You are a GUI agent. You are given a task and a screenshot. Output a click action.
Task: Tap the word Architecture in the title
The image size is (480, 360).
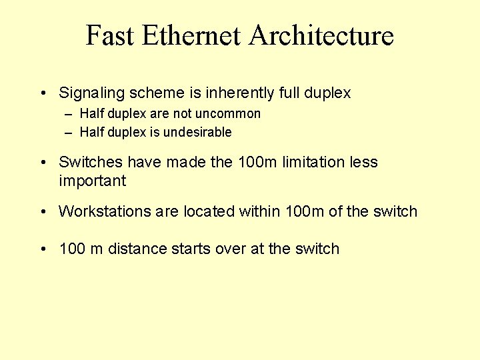[321, 35]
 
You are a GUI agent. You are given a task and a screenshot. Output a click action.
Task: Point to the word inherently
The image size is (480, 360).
[243, 93]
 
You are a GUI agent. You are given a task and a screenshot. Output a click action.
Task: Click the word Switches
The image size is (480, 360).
[91, 162]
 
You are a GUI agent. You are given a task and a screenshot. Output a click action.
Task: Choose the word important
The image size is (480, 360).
[92, 181]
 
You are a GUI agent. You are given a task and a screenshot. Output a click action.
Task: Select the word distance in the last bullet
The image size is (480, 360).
[137, 249]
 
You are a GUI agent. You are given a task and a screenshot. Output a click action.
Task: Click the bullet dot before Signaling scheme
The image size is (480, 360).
[43, 93]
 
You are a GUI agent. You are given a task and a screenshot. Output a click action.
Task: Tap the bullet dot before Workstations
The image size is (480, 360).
[43, 211]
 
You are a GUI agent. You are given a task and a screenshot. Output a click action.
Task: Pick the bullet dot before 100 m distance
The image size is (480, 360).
[43, 249]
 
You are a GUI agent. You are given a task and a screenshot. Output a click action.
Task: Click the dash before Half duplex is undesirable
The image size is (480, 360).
[68, 132]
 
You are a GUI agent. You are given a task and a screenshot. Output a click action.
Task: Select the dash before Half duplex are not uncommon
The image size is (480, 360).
[68, 114]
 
